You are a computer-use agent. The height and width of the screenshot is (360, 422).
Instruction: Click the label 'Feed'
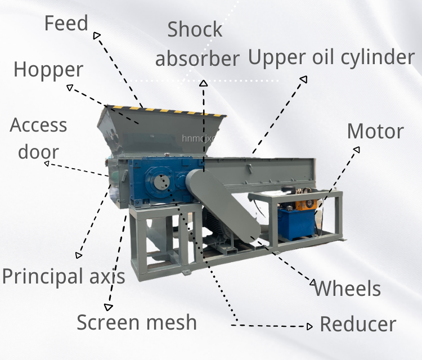tap(66, 24)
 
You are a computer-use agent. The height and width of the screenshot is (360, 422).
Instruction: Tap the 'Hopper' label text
tap(48, 70)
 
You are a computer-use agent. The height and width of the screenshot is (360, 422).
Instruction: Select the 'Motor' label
tap(375, 131)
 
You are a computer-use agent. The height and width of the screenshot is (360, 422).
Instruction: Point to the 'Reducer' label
tap(358, 324)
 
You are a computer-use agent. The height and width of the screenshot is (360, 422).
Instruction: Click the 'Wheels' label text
tap(347, 289)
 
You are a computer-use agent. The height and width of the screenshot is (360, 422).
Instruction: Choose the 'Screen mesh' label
tap(137, 322)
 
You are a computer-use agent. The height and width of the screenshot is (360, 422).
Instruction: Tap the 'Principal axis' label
tap(64, 276)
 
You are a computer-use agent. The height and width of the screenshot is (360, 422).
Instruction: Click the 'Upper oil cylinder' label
tap(331, 57)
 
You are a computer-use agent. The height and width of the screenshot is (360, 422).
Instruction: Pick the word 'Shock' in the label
tap(195, 29)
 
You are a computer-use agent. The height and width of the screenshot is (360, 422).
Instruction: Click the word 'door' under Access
tap(38, 151)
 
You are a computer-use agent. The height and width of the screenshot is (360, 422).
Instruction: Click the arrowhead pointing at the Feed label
tap(96, 35)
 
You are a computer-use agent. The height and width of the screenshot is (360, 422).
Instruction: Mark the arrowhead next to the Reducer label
tap(310, 326)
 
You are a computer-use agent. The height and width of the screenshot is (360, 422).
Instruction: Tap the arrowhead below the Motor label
tap(357, 149)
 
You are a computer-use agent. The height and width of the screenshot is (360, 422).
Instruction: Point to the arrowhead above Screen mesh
tap(109, 307)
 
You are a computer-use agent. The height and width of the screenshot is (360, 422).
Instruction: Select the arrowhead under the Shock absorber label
tap(204, 83)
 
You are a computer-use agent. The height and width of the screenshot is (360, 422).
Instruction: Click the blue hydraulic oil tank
tap(296, 223)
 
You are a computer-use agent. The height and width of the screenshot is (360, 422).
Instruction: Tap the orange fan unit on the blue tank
tap(306, 205)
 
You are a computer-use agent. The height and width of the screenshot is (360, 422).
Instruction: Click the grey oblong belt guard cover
tap(223, 205)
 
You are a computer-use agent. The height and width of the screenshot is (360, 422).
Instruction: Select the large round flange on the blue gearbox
tap(160, 182)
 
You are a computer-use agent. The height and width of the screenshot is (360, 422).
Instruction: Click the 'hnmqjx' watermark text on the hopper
tap(199, 138)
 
